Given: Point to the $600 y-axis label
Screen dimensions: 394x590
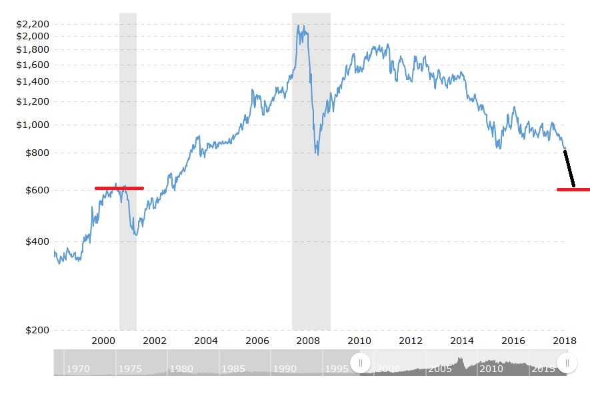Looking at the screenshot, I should (x=36, y=190).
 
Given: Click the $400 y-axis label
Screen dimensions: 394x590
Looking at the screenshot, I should (x=36, y=242).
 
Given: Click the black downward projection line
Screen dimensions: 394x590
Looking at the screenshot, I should (x=569, y=169).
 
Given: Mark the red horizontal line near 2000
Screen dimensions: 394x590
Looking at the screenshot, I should (x=119, y=188).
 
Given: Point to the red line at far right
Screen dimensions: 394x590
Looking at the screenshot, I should (x=573, y=189).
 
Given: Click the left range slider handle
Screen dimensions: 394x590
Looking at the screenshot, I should (x=361, y=363).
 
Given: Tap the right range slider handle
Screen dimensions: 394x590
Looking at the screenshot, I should (x=567, y=363).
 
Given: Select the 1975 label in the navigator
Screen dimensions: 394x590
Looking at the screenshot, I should (x=130, y=369).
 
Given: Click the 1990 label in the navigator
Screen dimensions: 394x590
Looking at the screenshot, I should (x=285, y=369).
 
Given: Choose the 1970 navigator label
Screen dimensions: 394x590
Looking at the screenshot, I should (x=79, y=369).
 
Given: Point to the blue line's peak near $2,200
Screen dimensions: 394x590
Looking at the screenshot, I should (x=299, y=26).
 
